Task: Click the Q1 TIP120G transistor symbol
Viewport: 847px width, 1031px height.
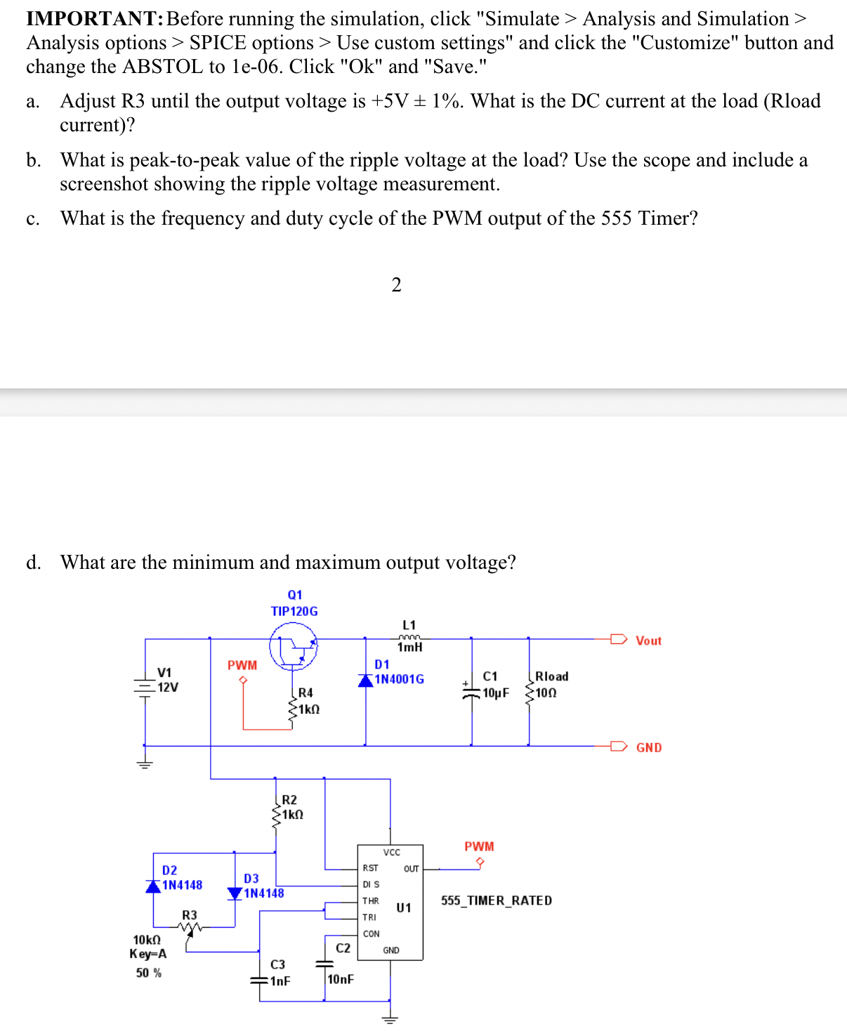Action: (294, 647)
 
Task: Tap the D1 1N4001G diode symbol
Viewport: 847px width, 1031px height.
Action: (366, 680)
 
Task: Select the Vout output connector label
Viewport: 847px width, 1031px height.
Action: (648, 641)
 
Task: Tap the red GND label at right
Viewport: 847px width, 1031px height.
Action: (648, 747)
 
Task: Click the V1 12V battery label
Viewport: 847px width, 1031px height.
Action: (166, 680)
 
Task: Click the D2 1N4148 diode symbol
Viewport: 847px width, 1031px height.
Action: (153, 886)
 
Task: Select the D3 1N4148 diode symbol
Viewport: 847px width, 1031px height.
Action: (235, 893)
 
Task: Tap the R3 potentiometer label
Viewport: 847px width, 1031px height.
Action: (190, 915)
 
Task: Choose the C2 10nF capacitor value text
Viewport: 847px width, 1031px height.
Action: (341, 979)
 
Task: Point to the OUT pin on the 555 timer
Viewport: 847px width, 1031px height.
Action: (412, 869)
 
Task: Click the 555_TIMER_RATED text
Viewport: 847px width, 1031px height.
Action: (496, 900)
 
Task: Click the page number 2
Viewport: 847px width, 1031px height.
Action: (396, 284)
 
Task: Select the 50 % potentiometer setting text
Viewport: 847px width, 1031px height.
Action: (148, 973)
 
